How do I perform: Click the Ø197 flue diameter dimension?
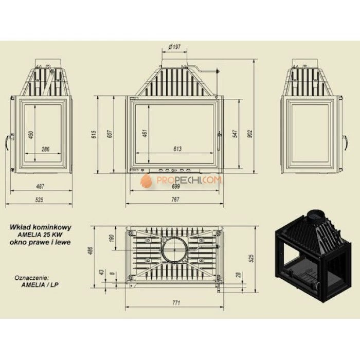click(x=174, y=47)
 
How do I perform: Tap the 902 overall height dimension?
click(x=250, y=134)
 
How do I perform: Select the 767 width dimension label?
click(x=175, y=200)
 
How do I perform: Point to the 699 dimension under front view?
click(x=176, y=186)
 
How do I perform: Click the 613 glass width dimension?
click(x=177, y=149)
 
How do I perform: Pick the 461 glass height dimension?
click(x=145, y=133)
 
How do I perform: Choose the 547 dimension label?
click(x=236, y=134)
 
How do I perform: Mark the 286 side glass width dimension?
click(x=45, y=149)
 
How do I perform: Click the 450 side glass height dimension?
click(x=31, y=135)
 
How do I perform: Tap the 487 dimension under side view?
click(x=40, y=186)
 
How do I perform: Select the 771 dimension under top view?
click(x=176, y=303)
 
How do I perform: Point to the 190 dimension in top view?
click(x=112, y=238)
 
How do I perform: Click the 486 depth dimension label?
click(x=90, y=251)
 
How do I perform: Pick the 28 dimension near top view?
click(x=239, y=275)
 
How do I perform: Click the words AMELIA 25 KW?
click(x=40, y=235)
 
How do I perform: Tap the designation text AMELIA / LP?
click(x=40, y=285)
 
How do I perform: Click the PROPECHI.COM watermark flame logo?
click(x=146, y=181)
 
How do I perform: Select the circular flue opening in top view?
click(x=174, y=249)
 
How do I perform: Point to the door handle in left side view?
click(x=9, y=142)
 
